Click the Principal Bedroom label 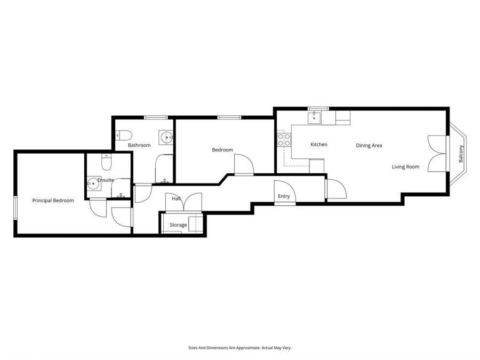click(53, 201)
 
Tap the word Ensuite click(105, 180)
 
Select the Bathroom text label click(139, 145)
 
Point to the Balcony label click(461, 154)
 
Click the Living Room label click(405, 167)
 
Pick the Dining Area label click(369, 145)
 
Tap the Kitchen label click(319, 145)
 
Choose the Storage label click(178, 225)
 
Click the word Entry click(284, 196)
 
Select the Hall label click(176, 199)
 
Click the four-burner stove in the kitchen click(284, 140)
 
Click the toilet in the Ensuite click(106, 160)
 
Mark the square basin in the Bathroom click(167, 138)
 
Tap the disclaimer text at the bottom click(239, 348)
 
